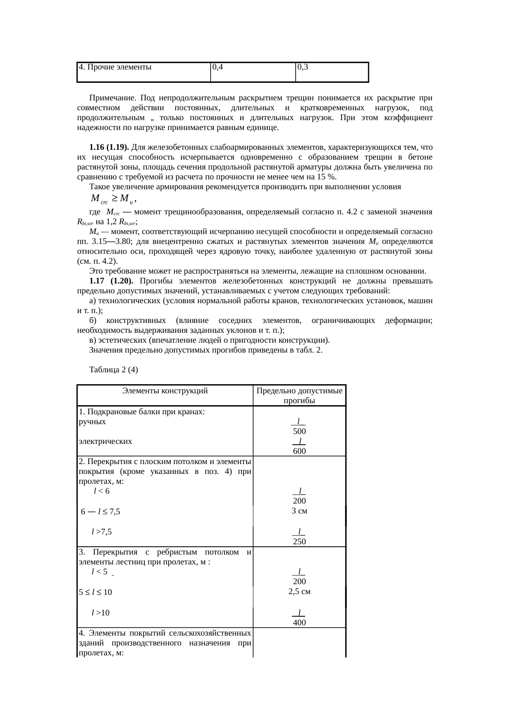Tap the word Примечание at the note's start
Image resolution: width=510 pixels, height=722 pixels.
[113, 98]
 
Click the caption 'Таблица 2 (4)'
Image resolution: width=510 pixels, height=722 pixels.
[114, 370]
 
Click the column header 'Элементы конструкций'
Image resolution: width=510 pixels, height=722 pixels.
[165, 391]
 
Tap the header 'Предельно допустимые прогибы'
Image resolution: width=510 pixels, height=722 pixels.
[299, 396]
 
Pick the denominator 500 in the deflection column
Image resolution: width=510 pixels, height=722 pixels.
[299, 432]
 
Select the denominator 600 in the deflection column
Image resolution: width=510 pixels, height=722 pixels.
[299, 451]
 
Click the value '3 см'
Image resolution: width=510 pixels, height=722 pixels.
[299, 511]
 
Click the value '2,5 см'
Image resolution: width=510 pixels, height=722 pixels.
[299, 592]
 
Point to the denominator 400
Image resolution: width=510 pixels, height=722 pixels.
[299, 622]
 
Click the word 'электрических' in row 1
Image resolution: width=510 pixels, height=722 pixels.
[105, 441]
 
